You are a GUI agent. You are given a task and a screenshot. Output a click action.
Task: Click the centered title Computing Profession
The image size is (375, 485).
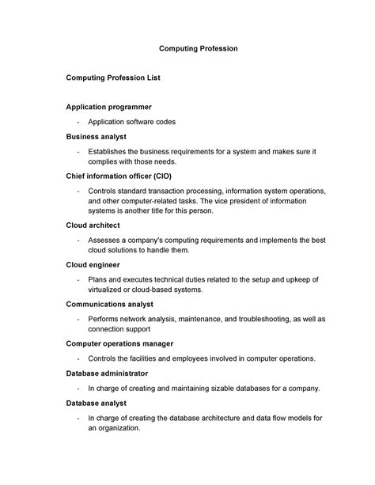[x=199, y=49]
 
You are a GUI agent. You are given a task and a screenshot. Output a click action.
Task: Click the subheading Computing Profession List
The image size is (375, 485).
[x=113, y=78]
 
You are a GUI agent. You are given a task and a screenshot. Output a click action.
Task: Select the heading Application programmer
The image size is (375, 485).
[x=108, y=107]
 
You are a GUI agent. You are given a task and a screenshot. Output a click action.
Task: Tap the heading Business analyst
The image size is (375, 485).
[x=97, y=136]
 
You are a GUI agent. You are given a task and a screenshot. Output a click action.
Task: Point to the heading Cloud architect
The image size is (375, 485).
[x=94, y=225]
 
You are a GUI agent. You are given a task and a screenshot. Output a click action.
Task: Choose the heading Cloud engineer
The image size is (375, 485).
[x=93, y=264]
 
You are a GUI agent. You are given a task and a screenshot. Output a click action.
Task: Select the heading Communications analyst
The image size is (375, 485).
[x=109, y=304]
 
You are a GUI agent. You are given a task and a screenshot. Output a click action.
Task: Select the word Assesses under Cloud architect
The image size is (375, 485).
[x=105, y=240]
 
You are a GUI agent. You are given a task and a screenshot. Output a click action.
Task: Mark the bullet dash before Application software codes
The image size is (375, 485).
[x=78, y=122]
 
